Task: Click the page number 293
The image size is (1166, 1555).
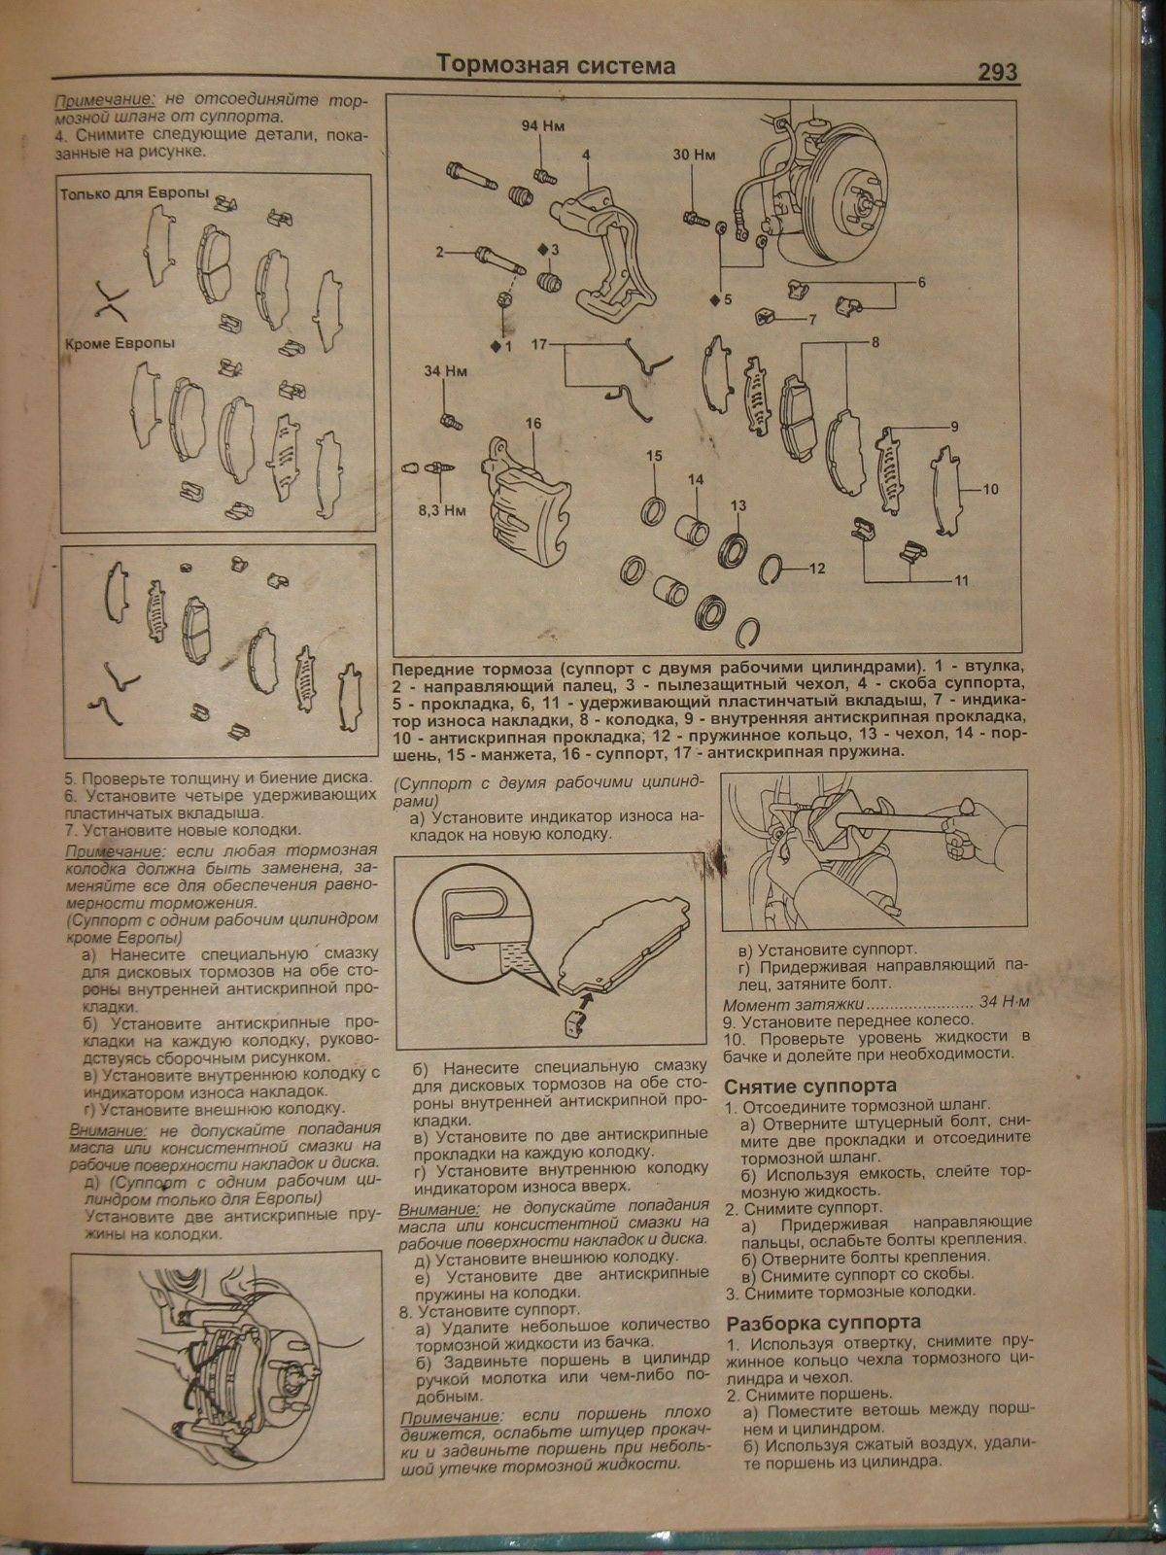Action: (x=991, y=73)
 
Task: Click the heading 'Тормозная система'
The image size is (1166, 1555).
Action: (x=555, y=65)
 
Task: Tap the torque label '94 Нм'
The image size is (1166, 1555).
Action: (x=542, y=127)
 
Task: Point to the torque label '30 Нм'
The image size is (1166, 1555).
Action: (x=692, y=155)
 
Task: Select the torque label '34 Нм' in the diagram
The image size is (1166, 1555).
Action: (x=441, y=370)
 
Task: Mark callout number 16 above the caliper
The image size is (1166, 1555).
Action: (x=532, y=423)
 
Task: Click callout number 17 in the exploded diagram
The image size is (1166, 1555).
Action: (x=540, y=344)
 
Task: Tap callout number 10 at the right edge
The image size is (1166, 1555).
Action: (x=990, y=490)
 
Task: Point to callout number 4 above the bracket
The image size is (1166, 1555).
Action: (x=586, y=155)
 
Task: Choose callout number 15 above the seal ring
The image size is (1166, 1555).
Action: (x=654, y=456)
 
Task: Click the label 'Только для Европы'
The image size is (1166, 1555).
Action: (x=134, y=193)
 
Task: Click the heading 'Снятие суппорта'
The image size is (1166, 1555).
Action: (x=810, y=1086)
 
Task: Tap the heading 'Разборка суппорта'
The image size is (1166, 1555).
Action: (x=823, y=1322)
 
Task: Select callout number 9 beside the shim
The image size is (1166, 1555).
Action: (x=954, y=427)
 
